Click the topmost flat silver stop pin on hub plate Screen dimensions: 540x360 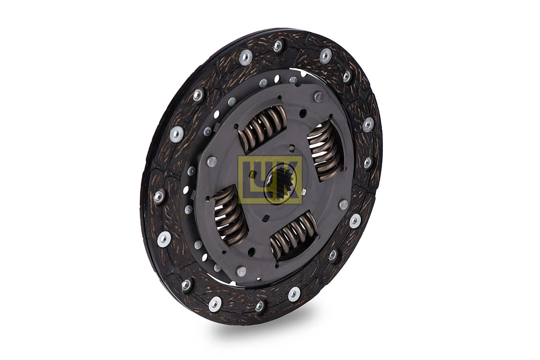[x=318, y=96]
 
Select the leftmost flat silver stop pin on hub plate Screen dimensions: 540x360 [x=212, y=162]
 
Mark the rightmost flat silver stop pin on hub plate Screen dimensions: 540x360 [x=343, y=205]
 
